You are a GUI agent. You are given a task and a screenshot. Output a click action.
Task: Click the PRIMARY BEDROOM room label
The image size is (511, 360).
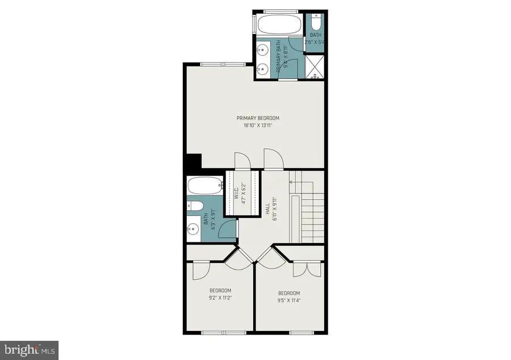(x=258, y=118)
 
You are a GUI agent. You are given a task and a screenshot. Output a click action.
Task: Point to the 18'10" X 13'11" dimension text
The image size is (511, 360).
(x=258, y=126)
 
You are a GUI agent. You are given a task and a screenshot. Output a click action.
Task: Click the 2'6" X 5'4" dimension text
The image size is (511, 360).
(x=315, y=42)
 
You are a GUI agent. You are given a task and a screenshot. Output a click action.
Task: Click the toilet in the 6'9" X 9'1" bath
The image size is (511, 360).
(x=195, y=207)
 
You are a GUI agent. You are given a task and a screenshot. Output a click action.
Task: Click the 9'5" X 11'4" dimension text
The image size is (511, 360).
(x=289, y=301)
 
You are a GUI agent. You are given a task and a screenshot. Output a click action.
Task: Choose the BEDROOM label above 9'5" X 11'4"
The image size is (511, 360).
(x=289, y=293)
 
